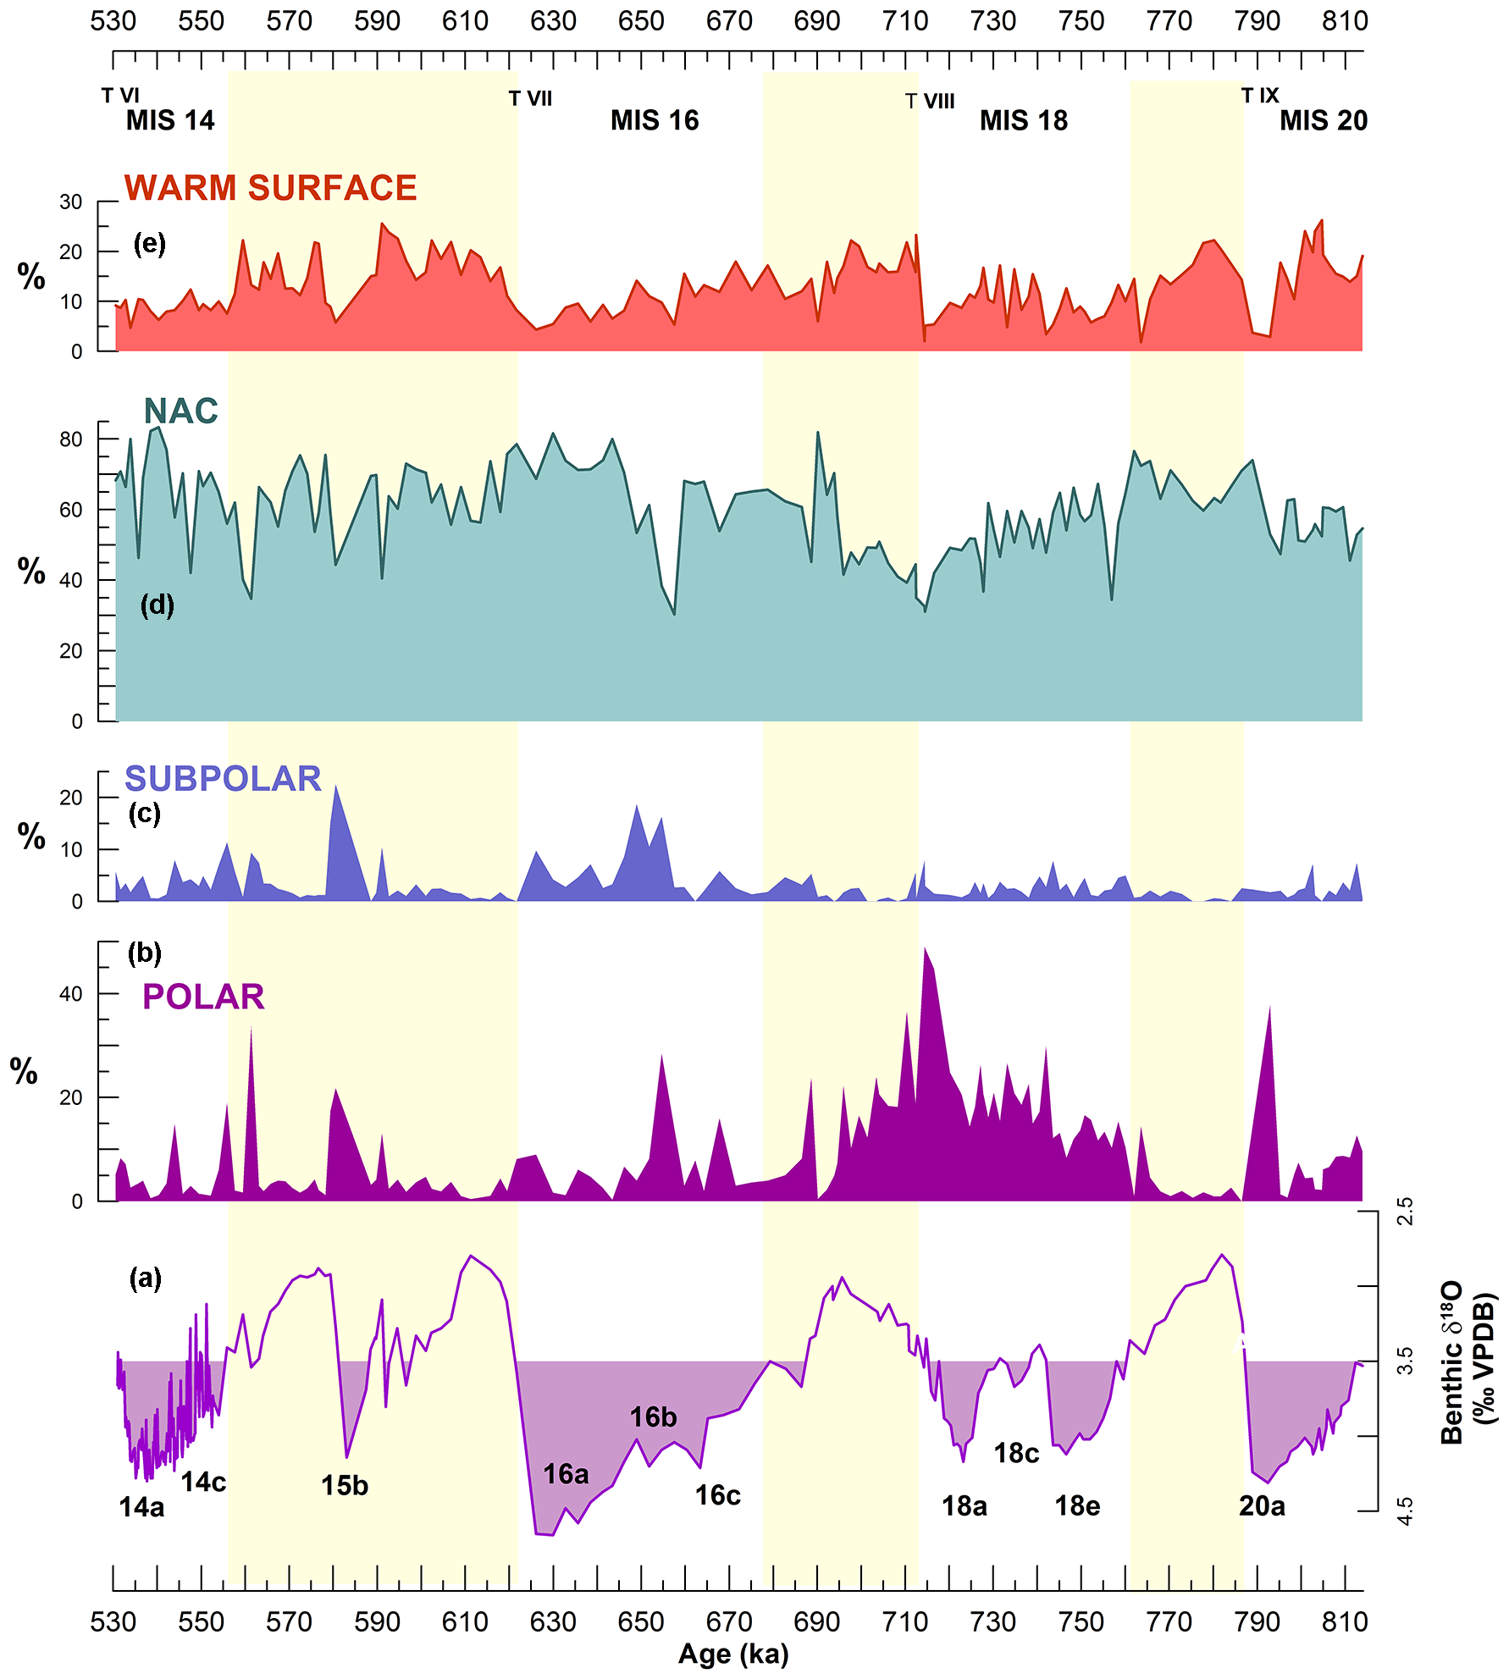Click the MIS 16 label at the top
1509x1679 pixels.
click(x=655, y=121)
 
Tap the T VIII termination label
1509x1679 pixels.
click(x=930, y=102)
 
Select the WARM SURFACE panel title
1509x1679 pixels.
click(x=271, y=188)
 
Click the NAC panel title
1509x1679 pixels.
click(x=181, y=411)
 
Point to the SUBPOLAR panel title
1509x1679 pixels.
click(x=223, y=779)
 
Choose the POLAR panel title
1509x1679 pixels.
click(x=203, y=997)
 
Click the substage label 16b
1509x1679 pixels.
click(x=653, y=1417)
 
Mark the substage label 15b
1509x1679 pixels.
click(x=345, y=1486)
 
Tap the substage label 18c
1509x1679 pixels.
click(x=1016, y=1454)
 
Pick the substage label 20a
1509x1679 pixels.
click(x=1262, y=1506)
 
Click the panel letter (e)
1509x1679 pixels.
click(x=150, y=245)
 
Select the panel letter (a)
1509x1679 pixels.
click(x=145, y=1278)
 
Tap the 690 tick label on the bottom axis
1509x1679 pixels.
click(x=817, y=1622)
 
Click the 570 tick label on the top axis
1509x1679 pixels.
click(x=290, y=21)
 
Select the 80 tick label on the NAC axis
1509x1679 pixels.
click(x=71, y=439)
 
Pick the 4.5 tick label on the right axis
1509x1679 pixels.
click(x=1405, y=1511)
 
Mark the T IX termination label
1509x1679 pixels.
click(x=1259, y=96)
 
